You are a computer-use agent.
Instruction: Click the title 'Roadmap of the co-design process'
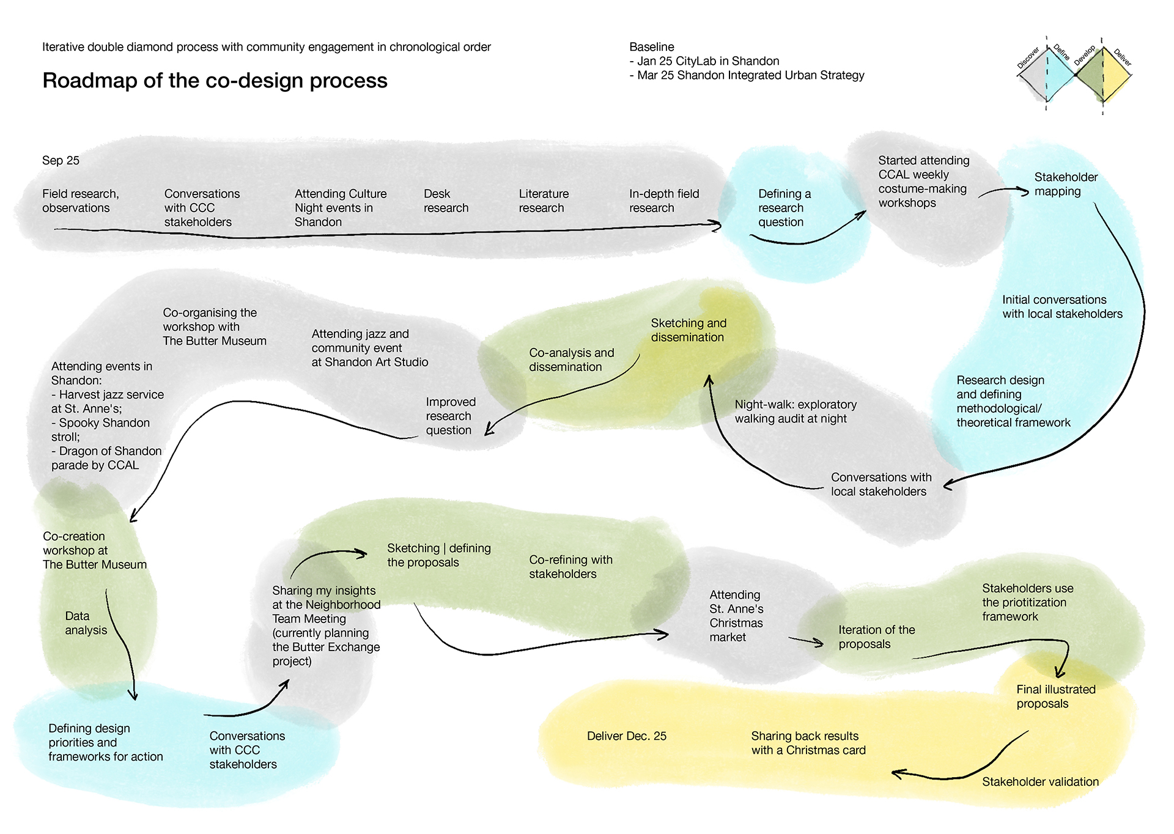[215, 81]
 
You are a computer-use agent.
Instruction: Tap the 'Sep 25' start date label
[61, 160]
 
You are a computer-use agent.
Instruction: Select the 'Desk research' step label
[446, 201]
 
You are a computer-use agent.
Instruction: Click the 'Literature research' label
[543, 201]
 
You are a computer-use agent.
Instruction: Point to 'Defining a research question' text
[784, 208]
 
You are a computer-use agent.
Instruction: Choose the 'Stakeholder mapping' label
[1065, 184]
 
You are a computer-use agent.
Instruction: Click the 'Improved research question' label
[450, 416]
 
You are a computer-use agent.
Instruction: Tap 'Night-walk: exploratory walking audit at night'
[795, 411]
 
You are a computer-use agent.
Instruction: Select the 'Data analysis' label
[86, 623]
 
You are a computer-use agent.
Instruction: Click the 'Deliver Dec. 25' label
[626, 736]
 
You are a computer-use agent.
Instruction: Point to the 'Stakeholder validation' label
[1039, 781]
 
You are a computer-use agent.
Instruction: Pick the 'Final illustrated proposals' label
[1055, 696]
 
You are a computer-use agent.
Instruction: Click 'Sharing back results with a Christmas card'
[808, 743]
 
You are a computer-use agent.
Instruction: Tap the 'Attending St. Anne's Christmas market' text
[736, 616]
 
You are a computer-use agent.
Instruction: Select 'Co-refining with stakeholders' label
[570, 567]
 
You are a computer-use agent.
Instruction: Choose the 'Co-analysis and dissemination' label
[571, 360]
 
